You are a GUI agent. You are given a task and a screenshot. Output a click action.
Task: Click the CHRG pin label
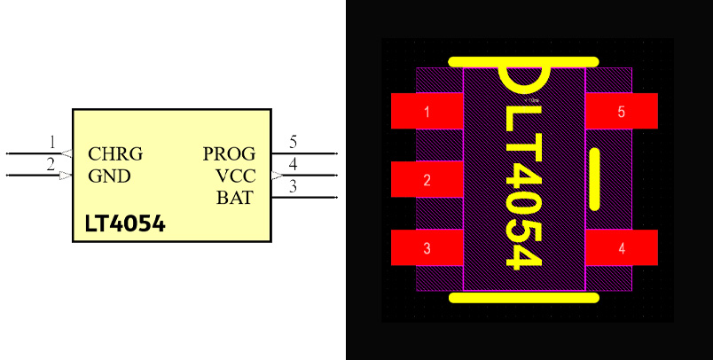[115, 154]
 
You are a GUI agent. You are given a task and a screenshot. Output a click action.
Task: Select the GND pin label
[109, 176]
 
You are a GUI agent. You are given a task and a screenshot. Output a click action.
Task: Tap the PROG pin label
[229, 154]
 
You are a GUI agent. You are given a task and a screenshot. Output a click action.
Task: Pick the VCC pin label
[235, 176]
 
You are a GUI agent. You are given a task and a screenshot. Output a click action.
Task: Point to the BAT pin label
[234, 198]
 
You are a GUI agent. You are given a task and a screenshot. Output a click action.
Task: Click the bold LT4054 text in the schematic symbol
[125, 224]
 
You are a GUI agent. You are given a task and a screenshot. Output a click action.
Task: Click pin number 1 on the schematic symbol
[52, 142]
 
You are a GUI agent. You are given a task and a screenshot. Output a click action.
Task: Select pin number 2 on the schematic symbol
[51, 163]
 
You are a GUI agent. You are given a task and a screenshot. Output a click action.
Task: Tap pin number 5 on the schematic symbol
[293, 142]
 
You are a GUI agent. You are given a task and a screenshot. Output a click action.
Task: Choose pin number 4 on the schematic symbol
[293, 163]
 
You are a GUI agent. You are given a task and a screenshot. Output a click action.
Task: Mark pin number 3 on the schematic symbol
[293, 185]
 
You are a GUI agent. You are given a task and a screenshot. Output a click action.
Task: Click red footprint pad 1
[427, 112]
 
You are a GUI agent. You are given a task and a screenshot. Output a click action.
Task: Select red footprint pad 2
[427, 180]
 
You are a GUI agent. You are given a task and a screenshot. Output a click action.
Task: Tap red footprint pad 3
[427, 248]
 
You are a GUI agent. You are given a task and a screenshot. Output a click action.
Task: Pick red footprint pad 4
[621, 248]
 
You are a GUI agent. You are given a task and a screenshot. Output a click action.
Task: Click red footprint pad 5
[621, 112]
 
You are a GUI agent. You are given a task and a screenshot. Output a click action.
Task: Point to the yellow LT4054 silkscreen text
[523, 186]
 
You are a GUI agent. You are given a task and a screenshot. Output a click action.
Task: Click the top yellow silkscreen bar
[523, 62]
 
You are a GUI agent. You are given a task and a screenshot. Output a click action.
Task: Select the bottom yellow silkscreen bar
[523, 297]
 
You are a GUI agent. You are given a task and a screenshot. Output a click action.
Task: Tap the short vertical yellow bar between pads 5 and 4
[594, 178]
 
